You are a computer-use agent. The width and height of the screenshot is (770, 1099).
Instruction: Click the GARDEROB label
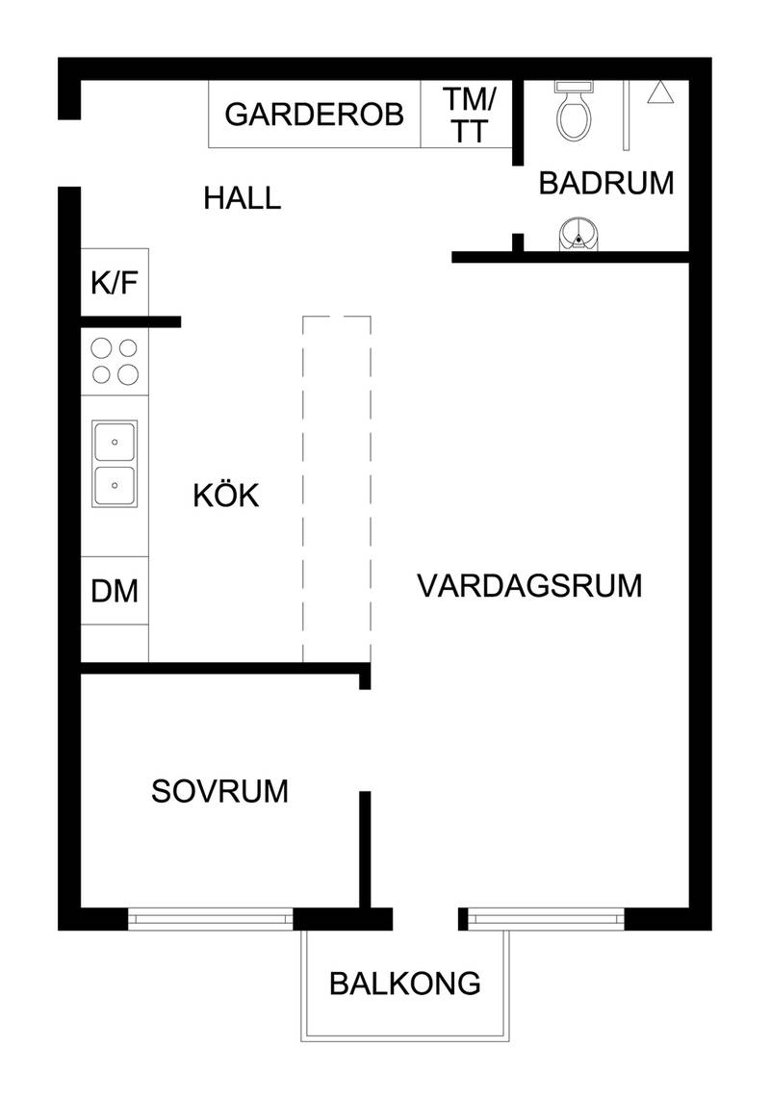(314, 115)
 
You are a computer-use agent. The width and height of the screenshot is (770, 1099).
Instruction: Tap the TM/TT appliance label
(469, 115)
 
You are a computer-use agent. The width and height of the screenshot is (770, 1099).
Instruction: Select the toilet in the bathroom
(574, 110)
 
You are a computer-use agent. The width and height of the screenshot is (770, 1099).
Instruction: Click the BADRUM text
(606, 183)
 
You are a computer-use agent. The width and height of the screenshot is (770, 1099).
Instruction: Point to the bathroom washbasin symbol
(577, 234)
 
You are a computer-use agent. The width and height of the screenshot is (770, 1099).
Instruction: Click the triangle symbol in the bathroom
(660, 92)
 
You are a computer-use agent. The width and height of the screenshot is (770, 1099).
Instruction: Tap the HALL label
(242, 198)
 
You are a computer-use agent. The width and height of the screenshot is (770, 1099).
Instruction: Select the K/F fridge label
(115, 283)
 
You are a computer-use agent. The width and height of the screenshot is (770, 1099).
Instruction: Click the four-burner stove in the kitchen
(115, 362)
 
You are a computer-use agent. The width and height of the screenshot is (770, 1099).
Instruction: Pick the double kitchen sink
(115, 463)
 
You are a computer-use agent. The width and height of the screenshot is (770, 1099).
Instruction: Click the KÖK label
(226, 495)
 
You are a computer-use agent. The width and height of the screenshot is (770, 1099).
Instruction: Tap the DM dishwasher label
(115, 591)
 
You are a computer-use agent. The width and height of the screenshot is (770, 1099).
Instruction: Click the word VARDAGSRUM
(529, 585)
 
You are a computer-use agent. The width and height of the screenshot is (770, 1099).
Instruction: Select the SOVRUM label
(219, 791)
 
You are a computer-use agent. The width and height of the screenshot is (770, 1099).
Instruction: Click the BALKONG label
(404, 984)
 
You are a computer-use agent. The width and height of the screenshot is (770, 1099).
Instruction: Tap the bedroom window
(211, 918)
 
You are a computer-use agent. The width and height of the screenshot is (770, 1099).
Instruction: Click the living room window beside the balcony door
(546, 918)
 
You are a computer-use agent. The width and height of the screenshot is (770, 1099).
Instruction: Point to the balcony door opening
(425, 919)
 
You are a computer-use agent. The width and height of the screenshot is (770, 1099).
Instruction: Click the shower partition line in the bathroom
(627, 115)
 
